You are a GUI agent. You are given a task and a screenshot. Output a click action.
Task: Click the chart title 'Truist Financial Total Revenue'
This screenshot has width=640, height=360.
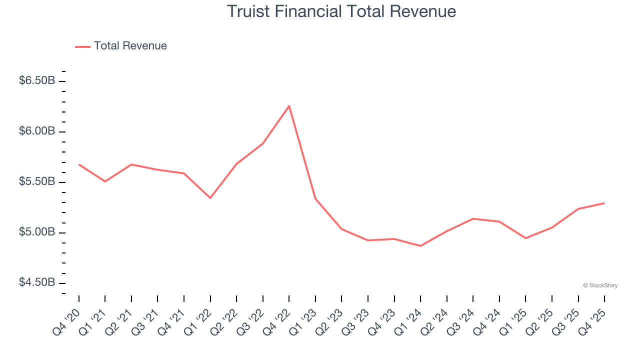[341, 11]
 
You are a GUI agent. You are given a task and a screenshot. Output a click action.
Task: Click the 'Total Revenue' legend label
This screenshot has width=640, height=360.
[130, 46]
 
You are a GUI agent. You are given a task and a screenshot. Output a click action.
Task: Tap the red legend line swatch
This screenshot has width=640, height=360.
[82, 46]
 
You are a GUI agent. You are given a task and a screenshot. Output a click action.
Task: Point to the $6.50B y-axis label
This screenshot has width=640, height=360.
[37, 81]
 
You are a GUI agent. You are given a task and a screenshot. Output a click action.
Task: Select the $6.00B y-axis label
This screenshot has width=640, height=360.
[37, 131]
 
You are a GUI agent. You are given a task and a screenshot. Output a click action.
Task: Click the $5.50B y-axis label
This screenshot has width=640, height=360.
[37, 182]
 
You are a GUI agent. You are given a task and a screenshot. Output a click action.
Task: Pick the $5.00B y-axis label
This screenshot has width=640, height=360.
[37, 232]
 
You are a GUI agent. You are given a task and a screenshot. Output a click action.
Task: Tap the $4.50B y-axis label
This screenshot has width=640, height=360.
[37, 283]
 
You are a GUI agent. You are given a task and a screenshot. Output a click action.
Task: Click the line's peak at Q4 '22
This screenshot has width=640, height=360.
[289, 105]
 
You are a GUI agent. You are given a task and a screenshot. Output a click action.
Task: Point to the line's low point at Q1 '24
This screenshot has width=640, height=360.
[420, 246]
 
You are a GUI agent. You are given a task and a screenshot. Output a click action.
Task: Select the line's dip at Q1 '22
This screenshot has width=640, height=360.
[210, 198]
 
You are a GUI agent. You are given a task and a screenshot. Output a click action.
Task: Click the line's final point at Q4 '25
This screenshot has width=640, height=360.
[604, 203]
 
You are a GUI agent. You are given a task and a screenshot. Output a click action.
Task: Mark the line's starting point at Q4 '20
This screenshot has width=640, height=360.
[79, 164]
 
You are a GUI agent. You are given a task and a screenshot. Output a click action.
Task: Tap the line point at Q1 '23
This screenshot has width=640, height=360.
[315, 198]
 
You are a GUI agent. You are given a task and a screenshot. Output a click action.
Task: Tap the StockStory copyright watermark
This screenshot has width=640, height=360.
[600, 285]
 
